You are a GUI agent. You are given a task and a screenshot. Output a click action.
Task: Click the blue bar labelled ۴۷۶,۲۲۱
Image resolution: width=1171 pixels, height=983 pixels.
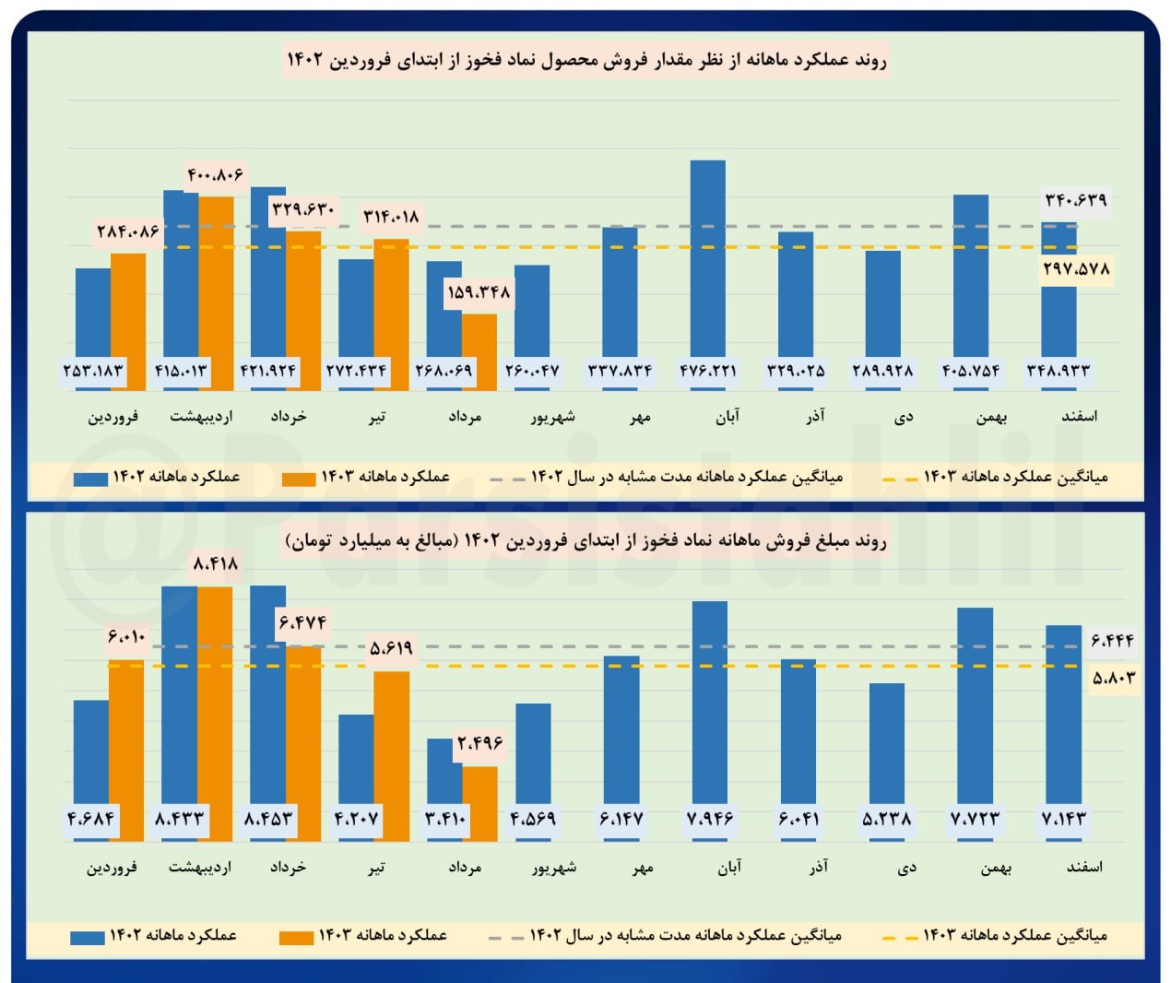tap(707, 258)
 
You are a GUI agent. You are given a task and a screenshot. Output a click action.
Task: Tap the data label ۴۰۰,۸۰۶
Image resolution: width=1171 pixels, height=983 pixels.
tap(216, 174)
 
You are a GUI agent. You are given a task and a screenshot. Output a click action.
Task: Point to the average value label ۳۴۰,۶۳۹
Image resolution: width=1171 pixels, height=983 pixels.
tap(1075, 200)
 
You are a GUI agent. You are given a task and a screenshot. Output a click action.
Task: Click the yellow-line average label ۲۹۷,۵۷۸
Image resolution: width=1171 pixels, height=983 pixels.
tap(1076, 269)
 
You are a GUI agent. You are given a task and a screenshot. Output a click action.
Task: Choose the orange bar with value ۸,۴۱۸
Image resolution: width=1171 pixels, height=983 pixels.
tap(215, 710)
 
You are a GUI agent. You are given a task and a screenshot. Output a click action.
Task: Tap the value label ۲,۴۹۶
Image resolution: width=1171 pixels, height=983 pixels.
tap(479, 743)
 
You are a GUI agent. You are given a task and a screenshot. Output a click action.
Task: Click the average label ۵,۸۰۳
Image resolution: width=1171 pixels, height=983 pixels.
tap(1113, 678)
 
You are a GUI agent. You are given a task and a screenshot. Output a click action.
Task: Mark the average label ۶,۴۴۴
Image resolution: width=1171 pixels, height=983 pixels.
tap(1112, 640)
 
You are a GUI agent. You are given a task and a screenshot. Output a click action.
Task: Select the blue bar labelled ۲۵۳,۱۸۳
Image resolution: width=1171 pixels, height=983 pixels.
tap(92, 314)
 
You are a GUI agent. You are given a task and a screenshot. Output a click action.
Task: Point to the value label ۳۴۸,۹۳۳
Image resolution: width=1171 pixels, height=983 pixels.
tap(1059, 371)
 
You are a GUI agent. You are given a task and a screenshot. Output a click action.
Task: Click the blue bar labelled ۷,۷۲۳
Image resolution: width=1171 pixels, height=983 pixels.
tap(975, 705)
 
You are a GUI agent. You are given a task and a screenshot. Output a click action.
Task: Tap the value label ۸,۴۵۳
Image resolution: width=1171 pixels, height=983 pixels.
tap(268, 819)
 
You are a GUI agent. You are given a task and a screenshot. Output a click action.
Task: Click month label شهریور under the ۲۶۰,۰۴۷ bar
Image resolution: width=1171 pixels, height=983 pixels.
tap(552, 417)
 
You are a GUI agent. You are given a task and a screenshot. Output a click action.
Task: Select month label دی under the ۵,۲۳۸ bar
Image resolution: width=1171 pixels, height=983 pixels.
tap(906, 868)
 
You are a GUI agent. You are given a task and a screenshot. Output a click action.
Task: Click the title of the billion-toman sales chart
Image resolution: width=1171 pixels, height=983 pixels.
tap(585, 541)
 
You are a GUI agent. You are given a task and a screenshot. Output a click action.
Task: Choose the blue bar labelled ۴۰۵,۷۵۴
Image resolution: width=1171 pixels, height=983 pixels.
tap(970, 277)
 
